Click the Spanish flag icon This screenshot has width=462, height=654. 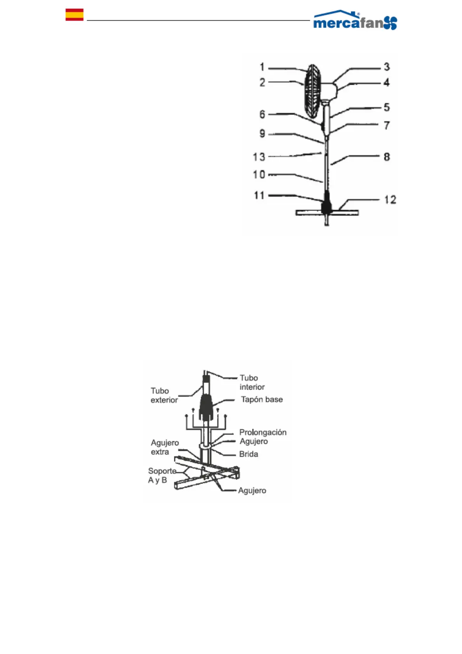coord(74,14)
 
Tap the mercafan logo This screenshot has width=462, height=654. coord(355,21)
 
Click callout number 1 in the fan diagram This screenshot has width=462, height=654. coord(262,67)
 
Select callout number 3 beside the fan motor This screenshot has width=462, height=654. coord(387,67)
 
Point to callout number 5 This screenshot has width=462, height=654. coord(387,107)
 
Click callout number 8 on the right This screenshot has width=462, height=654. coord(387,157)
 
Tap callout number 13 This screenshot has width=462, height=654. coord(259,157)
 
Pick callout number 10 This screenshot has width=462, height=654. coord(259,175)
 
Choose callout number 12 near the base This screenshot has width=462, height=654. coord(390,200)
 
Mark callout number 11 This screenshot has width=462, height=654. coord(259,195)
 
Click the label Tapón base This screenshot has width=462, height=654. coord(262,400)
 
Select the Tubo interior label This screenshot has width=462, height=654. coord(252,383)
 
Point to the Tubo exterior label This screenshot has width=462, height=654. coord(164,395)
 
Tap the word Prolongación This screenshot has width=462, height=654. coord(263,432)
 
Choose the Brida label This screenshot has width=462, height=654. coord(248,454)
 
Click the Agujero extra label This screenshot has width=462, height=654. coord(165,447)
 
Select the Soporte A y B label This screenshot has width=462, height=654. coord(162,475)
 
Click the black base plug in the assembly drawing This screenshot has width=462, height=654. coord(206,407)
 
